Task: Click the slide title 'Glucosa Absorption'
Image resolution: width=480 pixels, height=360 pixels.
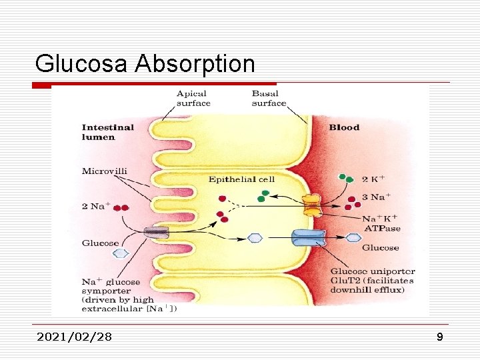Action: pyautogui.click(x=145, y=64)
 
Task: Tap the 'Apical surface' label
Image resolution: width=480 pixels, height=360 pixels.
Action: pyautogui.click(x=193, y=99)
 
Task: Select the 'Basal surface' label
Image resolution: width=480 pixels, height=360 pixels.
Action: pyautogui.click(x=269, y=99)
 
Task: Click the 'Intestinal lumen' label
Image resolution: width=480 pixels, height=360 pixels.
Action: pyautogui.click(x=107, y=132)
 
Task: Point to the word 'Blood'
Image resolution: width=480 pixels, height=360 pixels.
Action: pyautogui.click(x=344, y=127)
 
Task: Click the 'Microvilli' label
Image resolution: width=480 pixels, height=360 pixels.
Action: pyautogui.click(x=104, y=171)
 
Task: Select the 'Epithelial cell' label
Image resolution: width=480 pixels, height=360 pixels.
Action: pyautogui.click(x=241, y=179)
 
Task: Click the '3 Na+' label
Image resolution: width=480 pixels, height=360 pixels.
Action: pyautogui.click(x=376, y=197)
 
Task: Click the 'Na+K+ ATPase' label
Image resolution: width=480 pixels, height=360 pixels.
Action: pyautogui.click(x=380, y=223)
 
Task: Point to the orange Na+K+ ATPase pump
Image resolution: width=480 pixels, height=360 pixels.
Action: pyautogui.click(x=311, y=205)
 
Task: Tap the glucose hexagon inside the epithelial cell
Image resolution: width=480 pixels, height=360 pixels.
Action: pyautogui.click(x=254, y=237)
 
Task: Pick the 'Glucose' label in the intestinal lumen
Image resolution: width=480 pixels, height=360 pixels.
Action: pyautogui.click(x=100, y=243)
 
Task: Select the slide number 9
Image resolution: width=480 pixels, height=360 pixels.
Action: pyautogui.click(x=439, y=337)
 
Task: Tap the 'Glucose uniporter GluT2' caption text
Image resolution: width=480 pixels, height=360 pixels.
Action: pyautogui.click(x=372, y=276)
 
